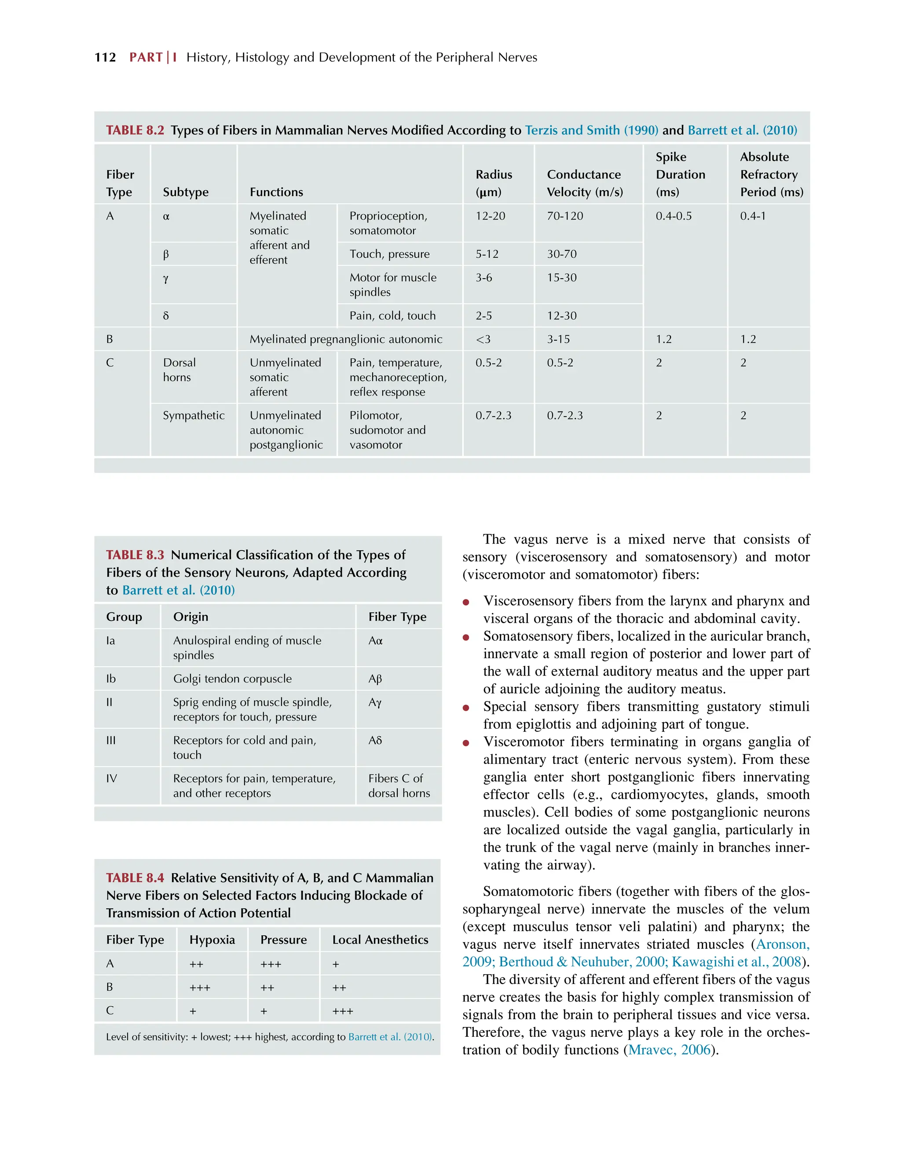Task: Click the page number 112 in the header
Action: tap(105, 58)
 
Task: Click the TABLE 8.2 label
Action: tap(135, 130)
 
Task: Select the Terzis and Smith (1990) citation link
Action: tap(591, 130)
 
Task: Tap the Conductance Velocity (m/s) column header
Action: tap(584, 183)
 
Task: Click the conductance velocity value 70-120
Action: tap(565, 216)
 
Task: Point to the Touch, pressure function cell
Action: tap(389, 254)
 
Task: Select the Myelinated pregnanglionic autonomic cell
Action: tap(346, 339)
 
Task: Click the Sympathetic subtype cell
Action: tap(193, 415)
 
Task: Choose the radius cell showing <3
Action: tap(483, 339)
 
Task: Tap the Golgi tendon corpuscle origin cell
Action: tap(232, 679)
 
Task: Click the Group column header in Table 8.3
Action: tap(124, 617)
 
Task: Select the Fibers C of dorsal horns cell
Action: tap(399, 786)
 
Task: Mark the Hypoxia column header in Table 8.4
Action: tap(212, 940)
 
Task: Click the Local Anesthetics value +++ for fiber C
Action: tap(343, 1011)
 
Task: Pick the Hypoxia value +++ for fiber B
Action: tap(200, 987)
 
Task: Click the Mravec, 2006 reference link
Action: tap(669, 1050)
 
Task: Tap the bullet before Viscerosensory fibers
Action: tap(465, 602)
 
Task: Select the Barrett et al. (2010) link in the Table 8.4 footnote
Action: tap(390, 1036)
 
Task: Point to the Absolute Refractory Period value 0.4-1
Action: tap(752, 216)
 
